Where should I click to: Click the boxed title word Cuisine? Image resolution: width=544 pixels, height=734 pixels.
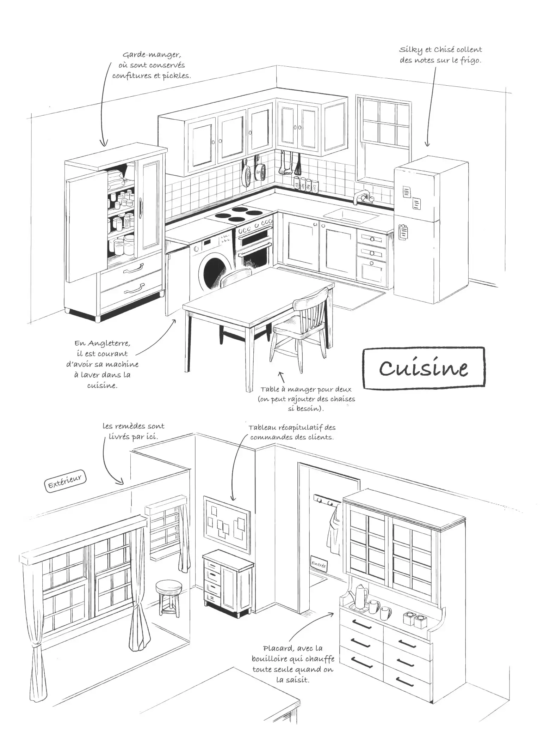(x=424, y=368)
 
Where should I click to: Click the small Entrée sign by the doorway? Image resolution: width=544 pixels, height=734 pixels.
(x=319, y=564)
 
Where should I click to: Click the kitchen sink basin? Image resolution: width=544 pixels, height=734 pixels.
(x=351, y=216)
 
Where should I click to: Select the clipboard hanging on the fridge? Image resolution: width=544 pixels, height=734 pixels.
(x=403, y=231)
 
